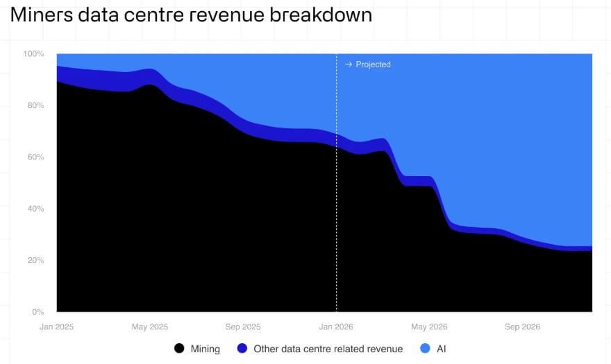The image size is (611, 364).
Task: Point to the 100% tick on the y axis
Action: click(x=33, y=54)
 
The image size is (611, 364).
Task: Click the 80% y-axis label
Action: click(x=35, y=105)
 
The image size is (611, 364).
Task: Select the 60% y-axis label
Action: click(x=35, y=157)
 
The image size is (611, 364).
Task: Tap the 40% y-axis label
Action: click(x=35, y=209)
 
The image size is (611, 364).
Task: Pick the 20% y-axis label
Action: click(x=35, y=261)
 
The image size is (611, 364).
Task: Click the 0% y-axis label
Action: click(x=37, y=312)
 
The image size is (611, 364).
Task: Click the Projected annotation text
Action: click(x=373, y=64)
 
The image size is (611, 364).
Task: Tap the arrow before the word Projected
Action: click(x=349, y=64)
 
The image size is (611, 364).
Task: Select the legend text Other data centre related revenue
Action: click(x=328, y=349)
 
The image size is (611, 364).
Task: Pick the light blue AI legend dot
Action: click(x=425, y=349)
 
